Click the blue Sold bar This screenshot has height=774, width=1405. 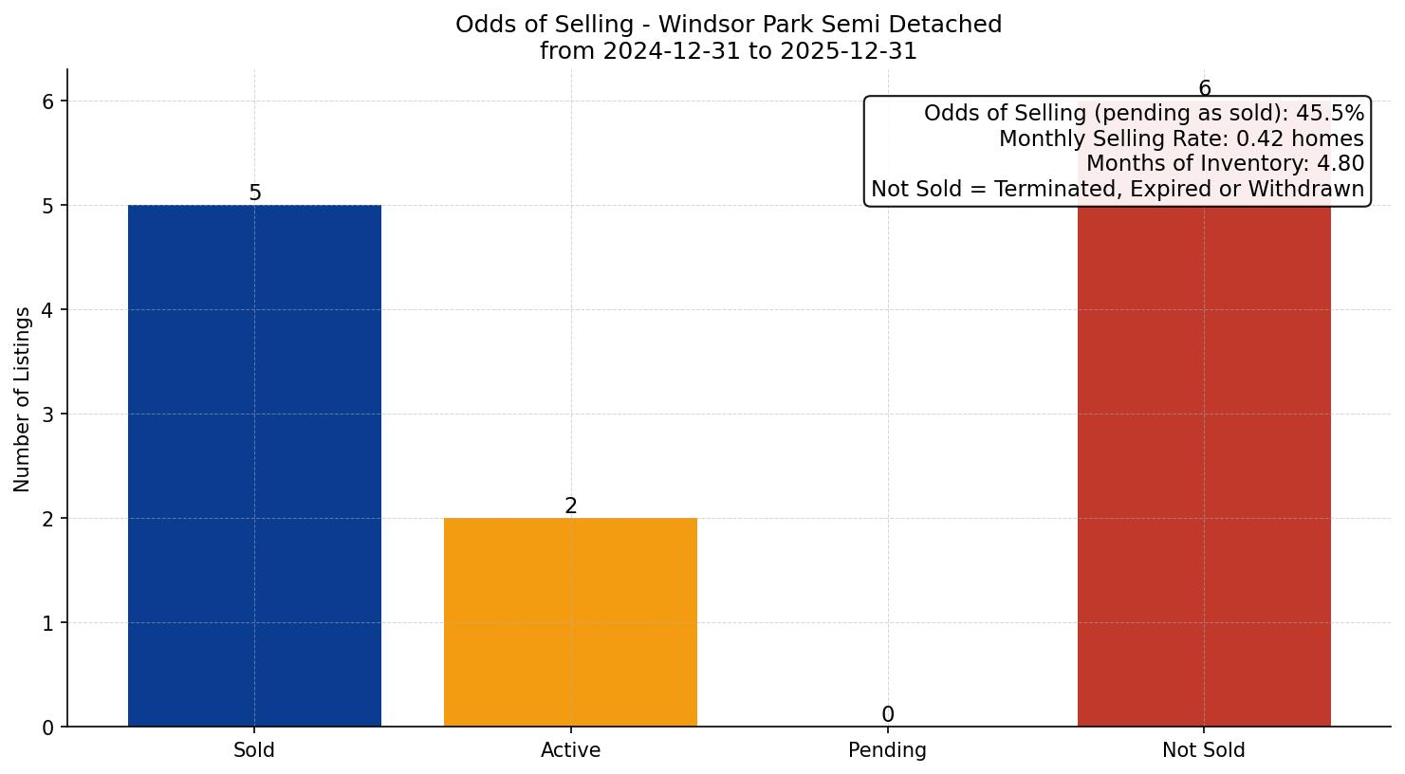coord(254,465)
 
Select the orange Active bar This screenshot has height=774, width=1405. coord(570,621)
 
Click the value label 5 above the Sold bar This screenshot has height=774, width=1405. coord(254,193)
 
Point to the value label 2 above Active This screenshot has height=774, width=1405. coord(570,507)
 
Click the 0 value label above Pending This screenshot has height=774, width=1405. coord(887,715)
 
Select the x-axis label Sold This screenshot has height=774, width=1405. coord(254,750)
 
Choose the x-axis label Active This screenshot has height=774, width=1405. coord(570,750)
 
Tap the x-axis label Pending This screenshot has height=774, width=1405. coord(887,750)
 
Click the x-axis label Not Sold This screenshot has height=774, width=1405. coord(1203,750)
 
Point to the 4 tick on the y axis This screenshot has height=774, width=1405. coord(48,310)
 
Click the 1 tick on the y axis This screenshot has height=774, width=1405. coord(48,623)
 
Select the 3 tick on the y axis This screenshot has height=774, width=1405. coord(48,415)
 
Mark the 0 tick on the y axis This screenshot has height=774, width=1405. coord(48,728)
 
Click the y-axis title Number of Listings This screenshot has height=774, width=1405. coord(22,398)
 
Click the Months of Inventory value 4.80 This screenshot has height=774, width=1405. coord(1340,163)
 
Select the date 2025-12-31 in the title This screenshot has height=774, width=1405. coord(849,51)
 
